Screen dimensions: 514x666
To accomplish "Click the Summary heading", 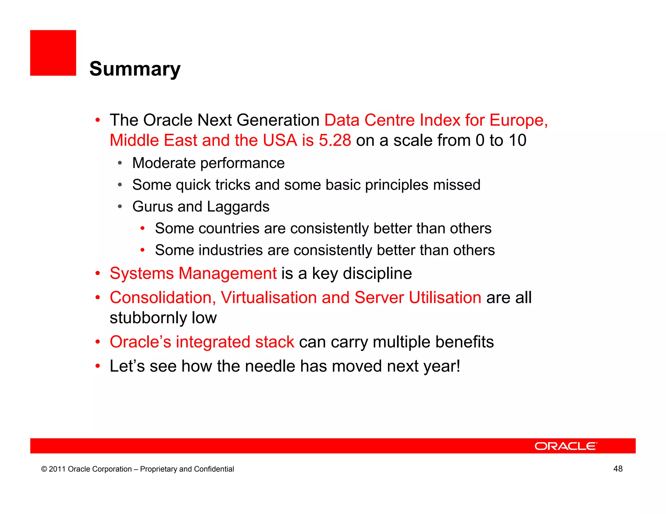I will point(135,69).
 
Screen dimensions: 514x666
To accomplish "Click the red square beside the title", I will point(53,53).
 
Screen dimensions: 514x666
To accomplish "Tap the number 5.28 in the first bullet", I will point(335,140).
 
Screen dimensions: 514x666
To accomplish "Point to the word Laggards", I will point(238,207).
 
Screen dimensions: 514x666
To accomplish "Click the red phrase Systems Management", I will point(193,273).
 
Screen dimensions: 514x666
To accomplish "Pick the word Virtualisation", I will point(269,298).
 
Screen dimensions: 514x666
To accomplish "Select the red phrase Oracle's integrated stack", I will point(202,342).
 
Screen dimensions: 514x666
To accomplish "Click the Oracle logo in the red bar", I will point(566,446).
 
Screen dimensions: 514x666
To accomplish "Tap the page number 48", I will point(618,469).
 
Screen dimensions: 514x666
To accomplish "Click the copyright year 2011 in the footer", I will point(57,469).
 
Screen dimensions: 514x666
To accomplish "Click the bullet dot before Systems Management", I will point(98,274).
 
